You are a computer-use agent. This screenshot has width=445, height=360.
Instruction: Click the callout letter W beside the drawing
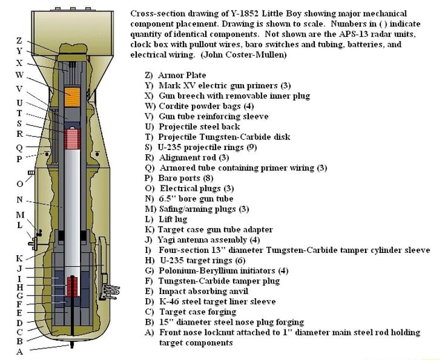coord(20,74)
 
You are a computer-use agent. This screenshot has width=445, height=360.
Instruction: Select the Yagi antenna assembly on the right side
coord(106,282)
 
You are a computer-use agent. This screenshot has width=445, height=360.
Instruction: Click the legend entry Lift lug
coord(178,218)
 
